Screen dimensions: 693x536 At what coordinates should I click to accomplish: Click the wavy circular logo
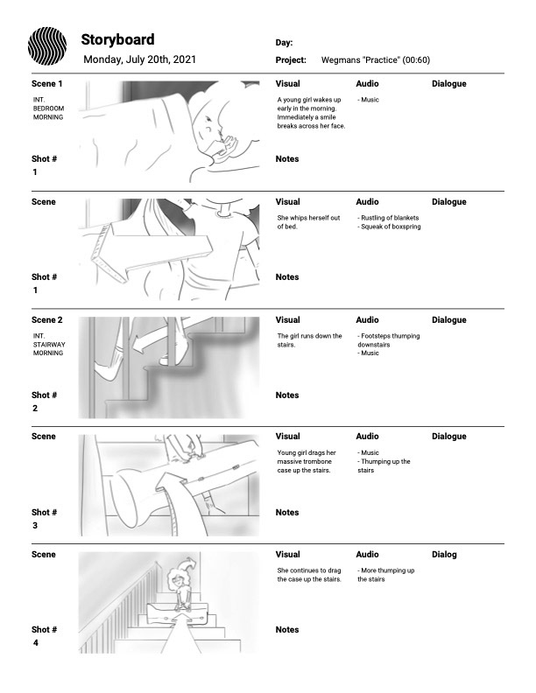pyautogui.click(x=47, y=45)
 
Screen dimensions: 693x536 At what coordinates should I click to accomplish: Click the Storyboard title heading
pyautogui.click(x=117, y=39)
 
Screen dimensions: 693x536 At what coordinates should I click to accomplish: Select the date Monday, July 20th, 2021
pyautogui.click(x=139, y=60)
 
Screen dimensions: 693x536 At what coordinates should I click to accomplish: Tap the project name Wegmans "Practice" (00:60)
pyautogui.click(x=375, y=60)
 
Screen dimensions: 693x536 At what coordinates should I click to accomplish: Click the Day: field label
pyautogui.click(x=284, y=42)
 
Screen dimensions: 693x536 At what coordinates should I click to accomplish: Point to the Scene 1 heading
pyautogui.click(x=47, y=84)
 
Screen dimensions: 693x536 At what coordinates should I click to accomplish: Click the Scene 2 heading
pyautogui.click(x=47, y=320)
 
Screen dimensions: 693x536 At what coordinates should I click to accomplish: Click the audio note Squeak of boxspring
pyautogui.click(x=389, y=227)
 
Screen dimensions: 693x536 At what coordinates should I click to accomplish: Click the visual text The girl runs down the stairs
pyautogui.click(x=309, y=340)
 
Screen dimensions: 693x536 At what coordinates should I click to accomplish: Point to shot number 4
pyautogui.click(x=35, y=644)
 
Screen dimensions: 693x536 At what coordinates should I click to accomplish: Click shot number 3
pyautogui.click(x=35, y=526)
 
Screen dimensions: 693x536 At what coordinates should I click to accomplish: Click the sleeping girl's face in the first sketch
pyautogui.click(x=214, y=131)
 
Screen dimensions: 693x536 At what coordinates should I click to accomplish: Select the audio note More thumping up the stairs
pyautogui.click(x=386, y=575)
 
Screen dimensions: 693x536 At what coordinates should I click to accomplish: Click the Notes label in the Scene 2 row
pyautogui.click(x=287, y=395)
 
